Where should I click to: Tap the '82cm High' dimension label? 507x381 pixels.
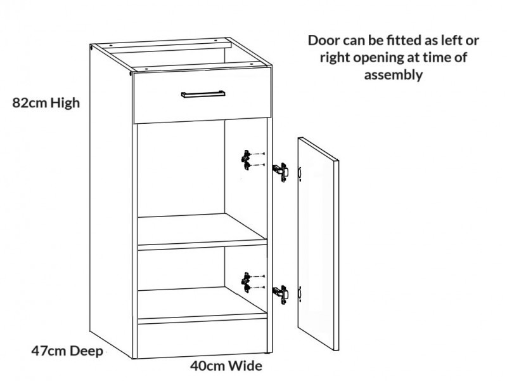[46, 102]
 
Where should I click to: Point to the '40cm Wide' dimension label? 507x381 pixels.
[226, 366]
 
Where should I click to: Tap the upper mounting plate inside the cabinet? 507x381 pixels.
[245, 159]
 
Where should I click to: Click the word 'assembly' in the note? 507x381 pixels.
[393, 74]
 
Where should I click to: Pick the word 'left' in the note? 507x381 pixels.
[452, 41]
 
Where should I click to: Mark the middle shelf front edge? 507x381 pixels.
[202, 243]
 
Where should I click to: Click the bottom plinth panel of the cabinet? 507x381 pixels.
[202, 337]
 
